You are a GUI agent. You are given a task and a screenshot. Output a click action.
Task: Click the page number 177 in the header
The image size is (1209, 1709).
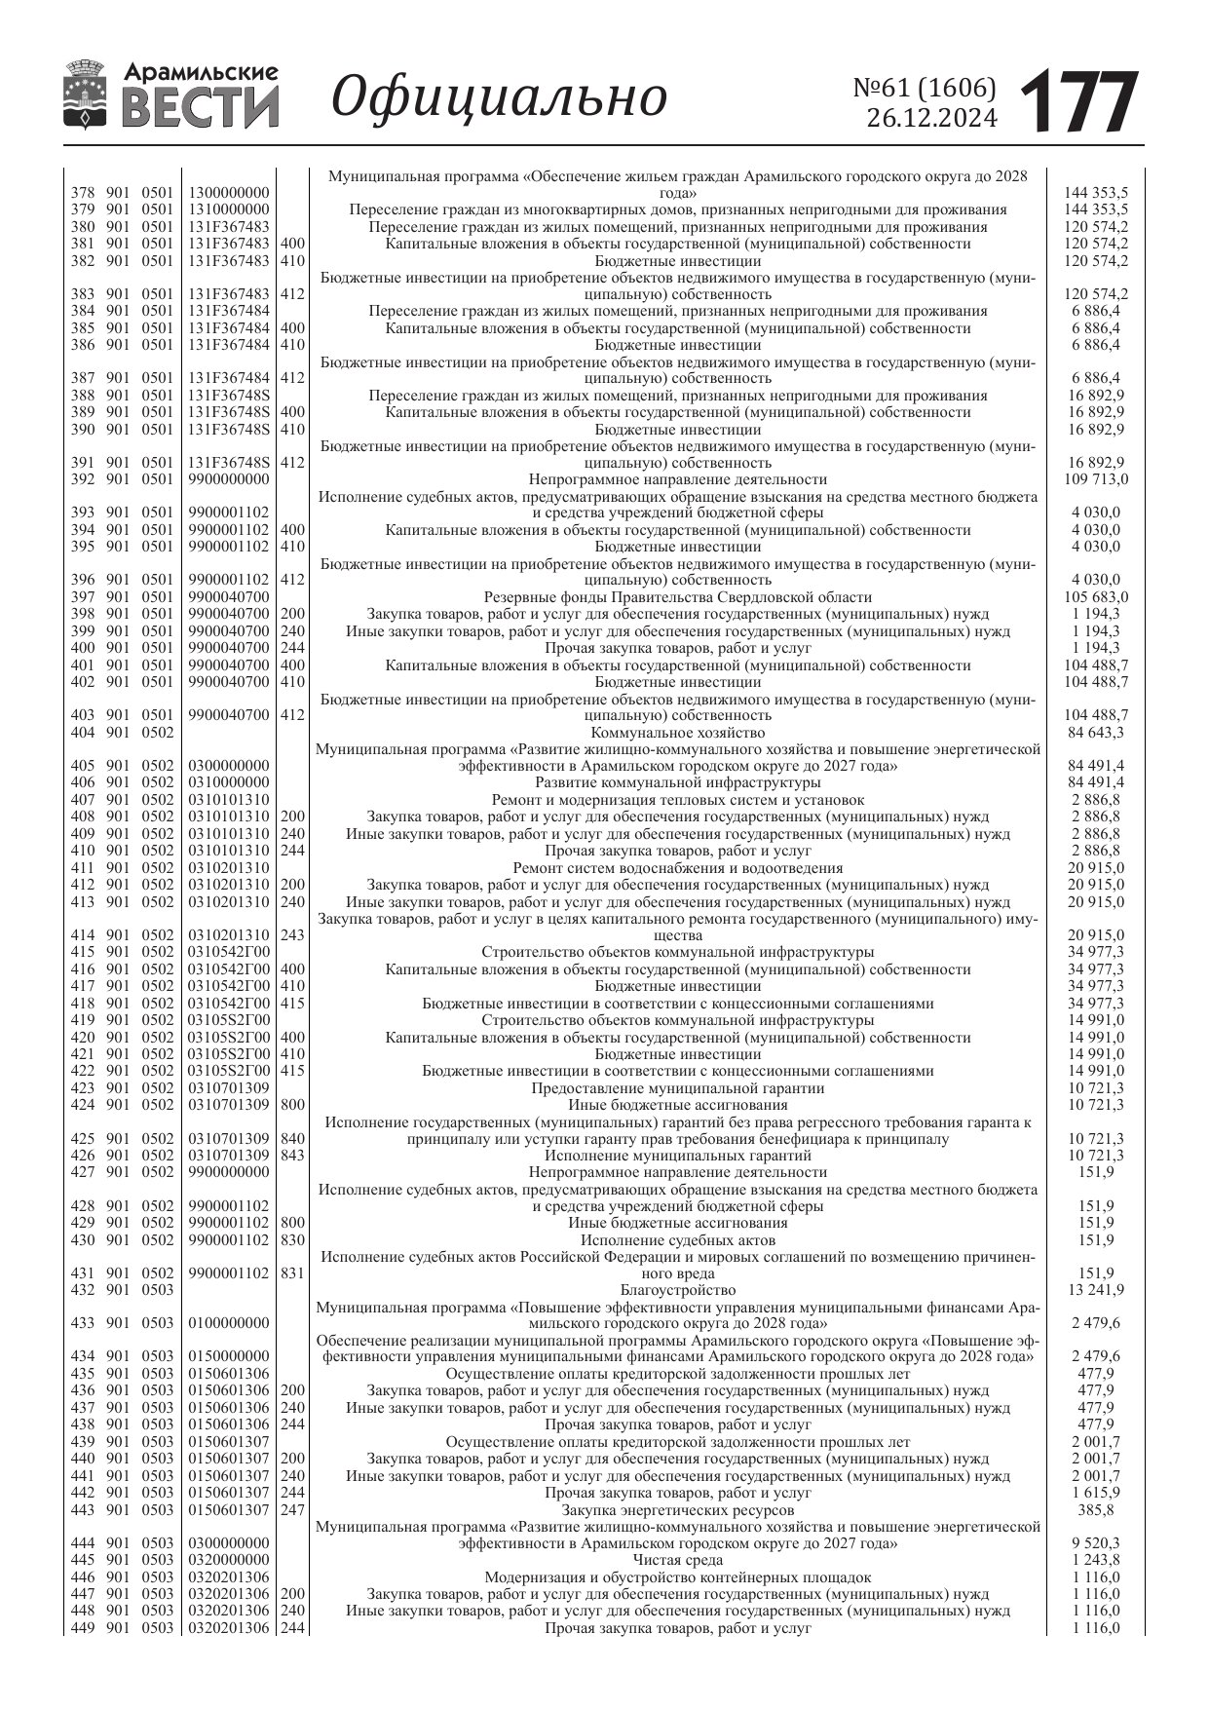point(1078,101)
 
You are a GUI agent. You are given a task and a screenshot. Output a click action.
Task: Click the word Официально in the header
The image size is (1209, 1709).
point(500,97)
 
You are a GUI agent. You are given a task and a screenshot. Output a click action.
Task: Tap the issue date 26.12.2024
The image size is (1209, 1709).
point(932,119)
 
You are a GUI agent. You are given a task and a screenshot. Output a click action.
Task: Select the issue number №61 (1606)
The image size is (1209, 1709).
point(925,88)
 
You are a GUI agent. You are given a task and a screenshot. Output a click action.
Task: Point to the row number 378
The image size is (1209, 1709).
point(83,193)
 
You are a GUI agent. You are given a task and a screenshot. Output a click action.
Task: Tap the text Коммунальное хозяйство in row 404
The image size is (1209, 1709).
point(677,733)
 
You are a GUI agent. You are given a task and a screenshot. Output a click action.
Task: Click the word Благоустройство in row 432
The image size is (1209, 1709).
point(677,1291)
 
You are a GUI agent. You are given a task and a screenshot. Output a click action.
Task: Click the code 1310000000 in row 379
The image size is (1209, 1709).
point(229,209)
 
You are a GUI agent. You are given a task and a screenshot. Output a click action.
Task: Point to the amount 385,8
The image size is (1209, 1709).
point(1096,1510)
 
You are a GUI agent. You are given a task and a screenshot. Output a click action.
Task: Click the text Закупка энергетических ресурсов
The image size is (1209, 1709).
point(677,1510)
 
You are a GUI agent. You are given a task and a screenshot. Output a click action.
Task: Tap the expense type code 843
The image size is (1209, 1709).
point(292,1156)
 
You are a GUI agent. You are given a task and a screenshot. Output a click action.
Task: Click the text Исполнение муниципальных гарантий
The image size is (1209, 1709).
point(677,1156)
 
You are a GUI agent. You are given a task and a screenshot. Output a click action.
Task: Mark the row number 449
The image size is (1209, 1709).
point(83,1628)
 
